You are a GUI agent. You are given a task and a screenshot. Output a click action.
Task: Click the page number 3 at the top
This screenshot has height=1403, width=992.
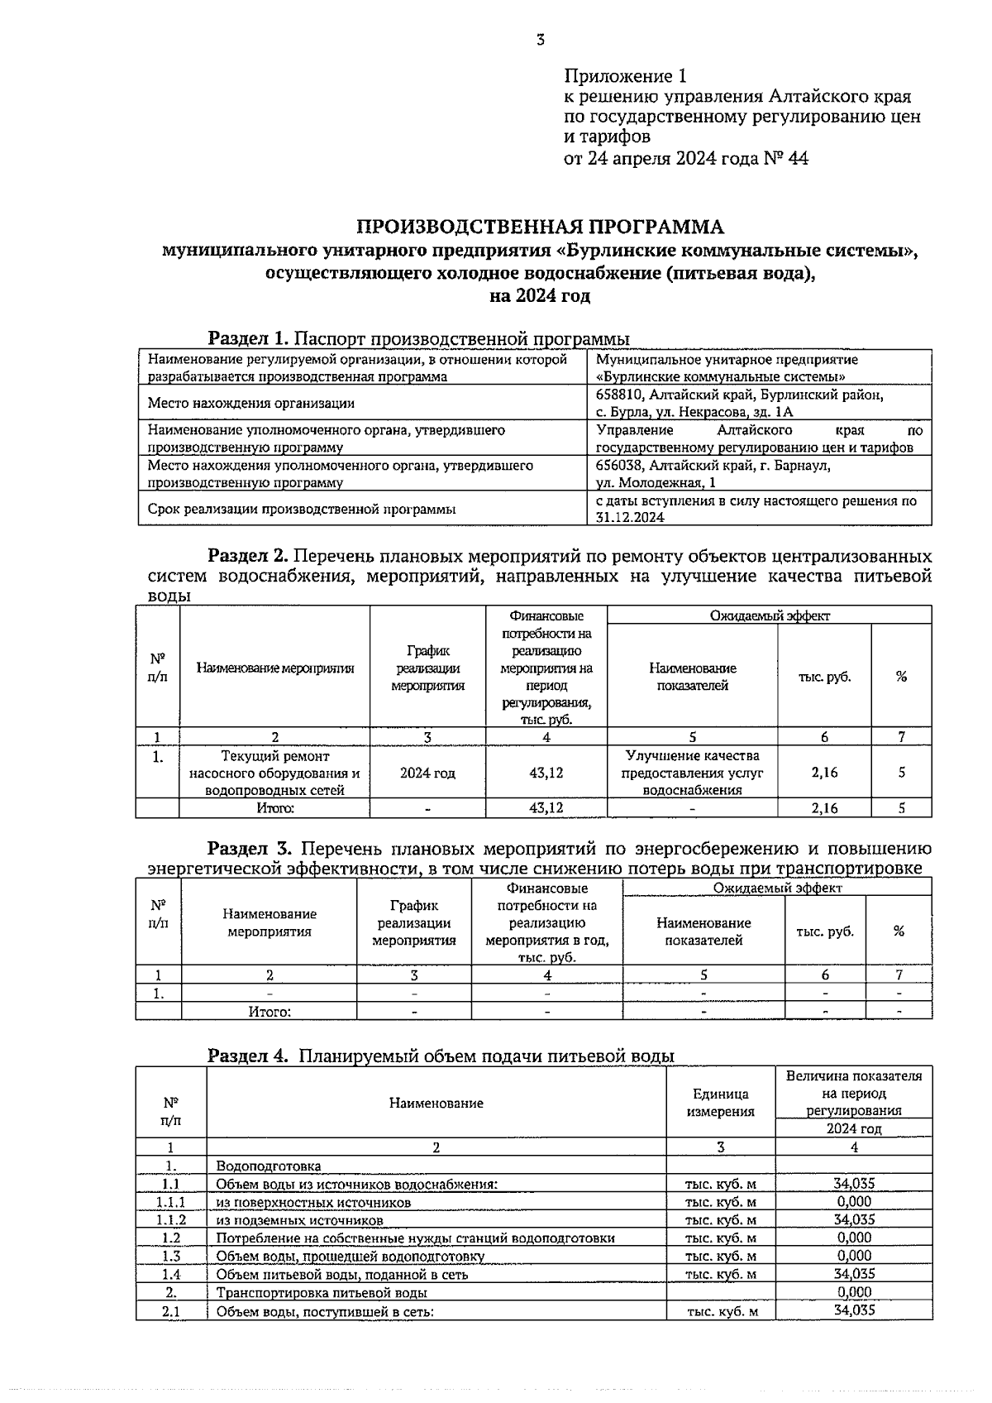pos(540,39)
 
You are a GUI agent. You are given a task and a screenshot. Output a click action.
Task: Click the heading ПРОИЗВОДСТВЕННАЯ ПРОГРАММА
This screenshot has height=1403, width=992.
pos(539,227)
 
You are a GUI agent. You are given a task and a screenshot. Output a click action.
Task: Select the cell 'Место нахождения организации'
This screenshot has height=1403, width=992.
pos(251,404)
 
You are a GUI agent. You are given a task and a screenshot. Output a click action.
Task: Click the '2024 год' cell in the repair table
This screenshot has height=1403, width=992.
pos(427,773)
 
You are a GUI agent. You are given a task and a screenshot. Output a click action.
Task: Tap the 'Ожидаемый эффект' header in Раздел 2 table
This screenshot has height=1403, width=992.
pos(769,615)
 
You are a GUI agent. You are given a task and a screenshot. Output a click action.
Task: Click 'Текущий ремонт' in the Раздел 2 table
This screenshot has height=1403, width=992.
pos(274,756)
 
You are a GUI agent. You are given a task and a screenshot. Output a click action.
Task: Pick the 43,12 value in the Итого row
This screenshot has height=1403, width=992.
pos(546,808)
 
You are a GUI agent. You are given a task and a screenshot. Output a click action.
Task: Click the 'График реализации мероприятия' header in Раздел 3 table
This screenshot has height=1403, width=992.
pos(414,922)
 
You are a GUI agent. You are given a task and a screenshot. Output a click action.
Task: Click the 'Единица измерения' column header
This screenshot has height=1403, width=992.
pos(720,1103)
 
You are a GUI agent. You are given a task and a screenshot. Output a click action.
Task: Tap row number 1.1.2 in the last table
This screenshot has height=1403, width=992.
pos(171,1220)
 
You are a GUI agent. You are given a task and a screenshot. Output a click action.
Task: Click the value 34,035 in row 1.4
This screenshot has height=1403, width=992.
pos(854,1275)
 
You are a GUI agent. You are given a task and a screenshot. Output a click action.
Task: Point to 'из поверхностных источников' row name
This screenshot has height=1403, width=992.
pos(313,1203)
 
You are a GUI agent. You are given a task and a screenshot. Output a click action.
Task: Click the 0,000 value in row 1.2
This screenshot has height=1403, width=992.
pos(854,1238)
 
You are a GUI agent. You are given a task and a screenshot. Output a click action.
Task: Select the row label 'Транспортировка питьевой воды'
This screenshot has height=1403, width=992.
pos(322,1293)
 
